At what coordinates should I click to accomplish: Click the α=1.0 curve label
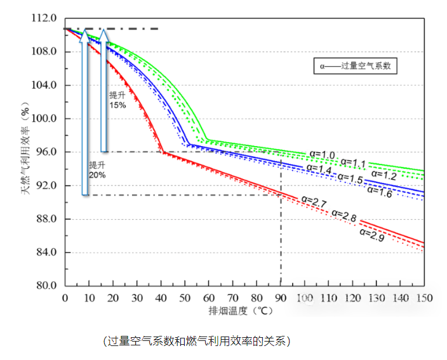tap(322, 154)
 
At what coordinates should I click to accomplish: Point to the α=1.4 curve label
tap(319, 168)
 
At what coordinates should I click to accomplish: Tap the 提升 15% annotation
tap(117, 100)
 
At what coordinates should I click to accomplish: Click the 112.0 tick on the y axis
tap(44, 18)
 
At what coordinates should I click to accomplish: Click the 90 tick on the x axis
tap(280, 298)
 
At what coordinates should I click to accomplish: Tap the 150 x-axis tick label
tap(424, 298)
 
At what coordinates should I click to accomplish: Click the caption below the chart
tap(197, 341)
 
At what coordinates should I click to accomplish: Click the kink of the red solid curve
tap(162, 152)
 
